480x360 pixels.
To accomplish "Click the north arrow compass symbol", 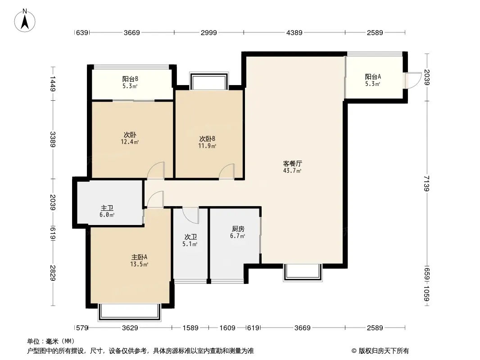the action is click(x=25, y=20).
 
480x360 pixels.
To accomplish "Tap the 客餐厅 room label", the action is click(x=292, y=163).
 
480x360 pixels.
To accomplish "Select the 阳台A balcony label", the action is click(x=373, y=77).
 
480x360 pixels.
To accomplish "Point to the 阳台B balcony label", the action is click(x=130, y=79).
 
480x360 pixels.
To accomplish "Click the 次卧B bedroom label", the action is click(x=207, y=139).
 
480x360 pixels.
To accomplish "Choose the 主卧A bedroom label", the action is click(x=139, y=257).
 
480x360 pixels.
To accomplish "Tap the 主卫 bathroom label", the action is click(x=107, y=208).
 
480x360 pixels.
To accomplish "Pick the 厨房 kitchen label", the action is click(x=238, y=229).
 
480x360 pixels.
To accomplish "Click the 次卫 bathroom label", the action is click(x=190, y=237).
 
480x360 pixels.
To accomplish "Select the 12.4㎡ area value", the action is click(x=130, y=142).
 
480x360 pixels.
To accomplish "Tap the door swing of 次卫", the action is click(x=191, y=216).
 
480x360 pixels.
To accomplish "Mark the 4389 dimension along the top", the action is click(x=294, y=32).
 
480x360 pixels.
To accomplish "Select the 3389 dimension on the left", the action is click(x=53, y=139).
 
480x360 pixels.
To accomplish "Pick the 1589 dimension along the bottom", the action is click(x=190, y=328).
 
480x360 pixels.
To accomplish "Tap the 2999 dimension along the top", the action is click(x=209, y=32).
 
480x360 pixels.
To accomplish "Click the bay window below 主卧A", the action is click(x=130, y=312).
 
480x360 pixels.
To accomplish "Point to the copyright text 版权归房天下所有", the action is click(x=384, y=351).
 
